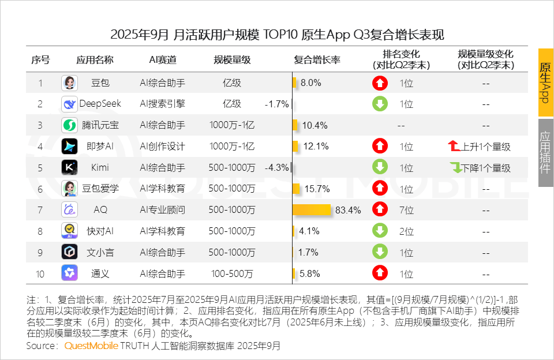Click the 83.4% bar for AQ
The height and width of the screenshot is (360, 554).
click(x=312, y=210)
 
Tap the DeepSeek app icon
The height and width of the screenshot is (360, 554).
click(x=69, y=104)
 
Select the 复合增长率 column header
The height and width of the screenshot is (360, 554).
click(x=317, y=60)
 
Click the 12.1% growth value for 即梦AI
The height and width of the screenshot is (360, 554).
click(x=316, y=147)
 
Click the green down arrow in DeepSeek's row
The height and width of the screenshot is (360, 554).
click(x=380, y=104)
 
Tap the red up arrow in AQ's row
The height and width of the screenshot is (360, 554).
click(x=380, y=210)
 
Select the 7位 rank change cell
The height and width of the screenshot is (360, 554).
click(x=407, y=210)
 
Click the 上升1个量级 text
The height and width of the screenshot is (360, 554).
click(x=486, y=147)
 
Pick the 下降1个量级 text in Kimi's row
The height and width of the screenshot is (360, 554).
click(x=486, y=168)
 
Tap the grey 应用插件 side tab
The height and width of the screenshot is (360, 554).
click(x=545, y=152)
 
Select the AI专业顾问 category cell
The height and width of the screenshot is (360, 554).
click(x=163, y=210)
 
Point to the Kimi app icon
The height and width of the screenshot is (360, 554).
click(x=69, y=168)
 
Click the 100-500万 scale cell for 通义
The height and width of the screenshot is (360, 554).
click(x=232, y=273)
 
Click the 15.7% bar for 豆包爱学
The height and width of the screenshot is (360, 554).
click(x=296, y=189)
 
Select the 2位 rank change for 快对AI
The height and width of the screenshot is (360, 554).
click(x=407, y=231)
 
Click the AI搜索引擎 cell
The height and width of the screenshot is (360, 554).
click(x=163, y=104)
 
